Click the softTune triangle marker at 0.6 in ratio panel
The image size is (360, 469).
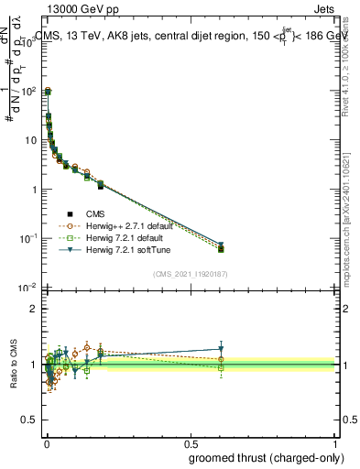(x=221, y=349)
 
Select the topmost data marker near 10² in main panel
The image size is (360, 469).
(x=48, y=91)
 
